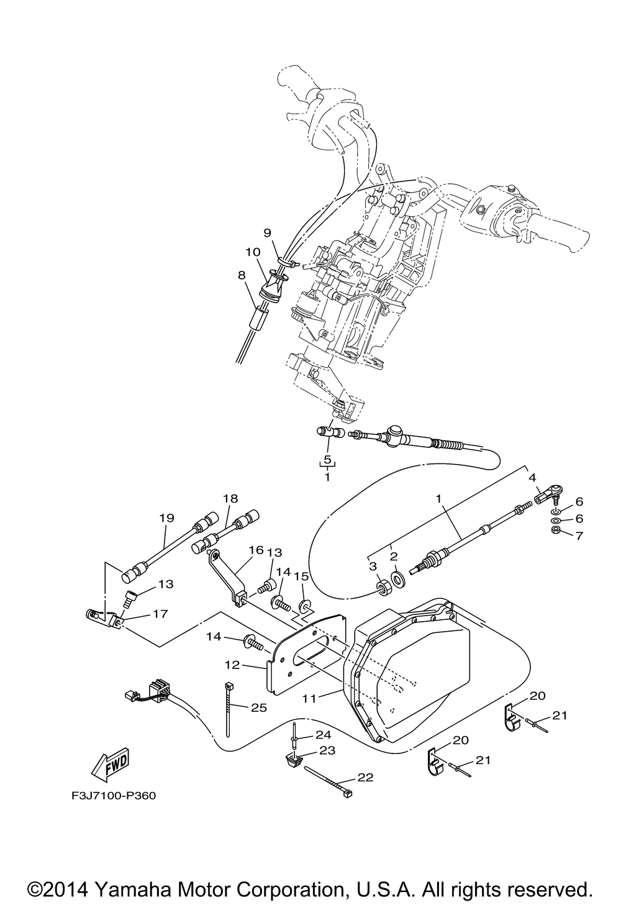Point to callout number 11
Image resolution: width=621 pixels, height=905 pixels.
310,698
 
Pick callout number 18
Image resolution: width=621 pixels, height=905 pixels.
230,499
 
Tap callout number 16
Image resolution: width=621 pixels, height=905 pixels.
256,550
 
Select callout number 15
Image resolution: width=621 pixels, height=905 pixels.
302,578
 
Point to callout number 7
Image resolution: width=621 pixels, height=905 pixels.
578,535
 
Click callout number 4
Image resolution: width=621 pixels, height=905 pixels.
532,478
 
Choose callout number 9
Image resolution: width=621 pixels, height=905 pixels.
268,233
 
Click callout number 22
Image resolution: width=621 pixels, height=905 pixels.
366,778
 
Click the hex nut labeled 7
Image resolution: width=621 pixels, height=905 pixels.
555,530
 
